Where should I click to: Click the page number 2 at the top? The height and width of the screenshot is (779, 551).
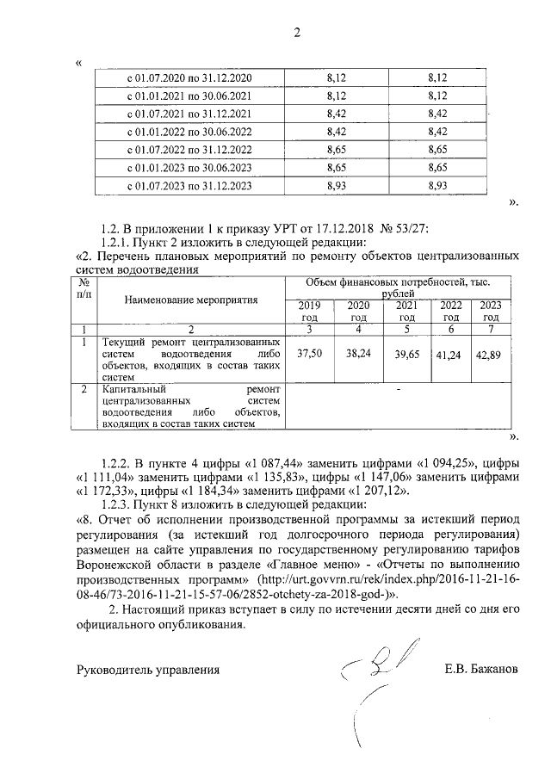point(297,34)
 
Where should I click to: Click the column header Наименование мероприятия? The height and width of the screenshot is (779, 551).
point(191,301)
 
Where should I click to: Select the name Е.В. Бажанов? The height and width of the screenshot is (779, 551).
point(481,668)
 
